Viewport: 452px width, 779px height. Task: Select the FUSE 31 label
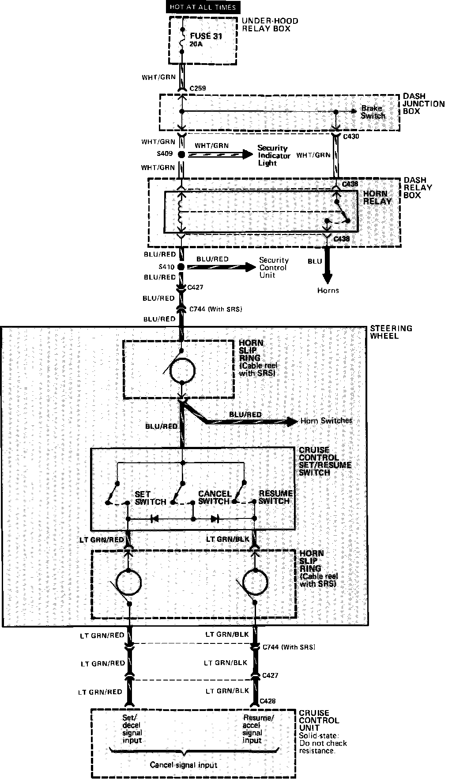[206, 37]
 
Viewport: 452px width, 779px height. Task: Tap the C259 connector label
[198, 89]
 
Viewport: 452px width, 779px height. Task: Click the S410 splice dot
[181, 267]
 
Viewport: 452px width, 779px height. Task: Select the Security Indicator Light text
[274, 155]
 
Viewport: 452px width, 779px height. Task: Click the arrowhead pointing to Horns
[327, 278]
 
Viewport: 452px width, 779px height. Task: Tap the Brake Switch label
[373, 112]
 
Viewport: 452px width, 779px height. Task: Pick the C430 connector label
[351, 136]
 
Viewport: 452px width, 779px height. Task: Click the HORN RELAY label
[377, 197]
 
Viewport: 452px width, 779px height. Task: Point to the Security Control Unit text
[274, 268]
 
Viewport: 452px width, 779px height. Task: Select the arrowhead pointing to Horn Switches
[293, 421]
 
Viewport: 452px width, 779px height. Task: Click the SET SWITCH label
[150, 498]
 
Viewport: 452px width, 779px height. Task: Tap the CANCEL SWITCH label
[215, 498]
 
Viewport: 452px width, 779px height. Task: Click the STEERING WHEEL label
[384, 332]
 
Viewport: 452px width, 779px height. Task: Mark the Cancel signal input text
[183, 765]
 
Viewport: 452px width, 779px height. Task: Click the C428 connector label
[268, 701]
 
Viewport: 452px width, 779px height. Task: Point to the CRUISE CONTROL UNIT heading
[319, 720]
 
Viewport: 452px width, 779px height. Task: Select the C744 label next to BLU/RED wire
[215, 309]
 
